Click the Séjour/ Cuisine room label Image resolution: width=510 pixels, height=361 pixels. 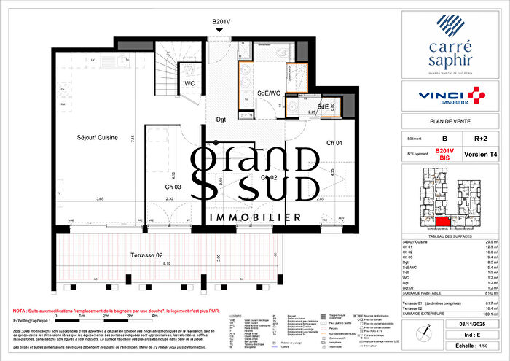[98, 137]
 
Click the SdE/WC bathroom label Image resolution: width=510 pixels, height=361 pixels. [269, 93]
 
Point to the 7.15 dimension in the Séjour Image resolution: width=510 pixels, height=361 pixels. [132, 139]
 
